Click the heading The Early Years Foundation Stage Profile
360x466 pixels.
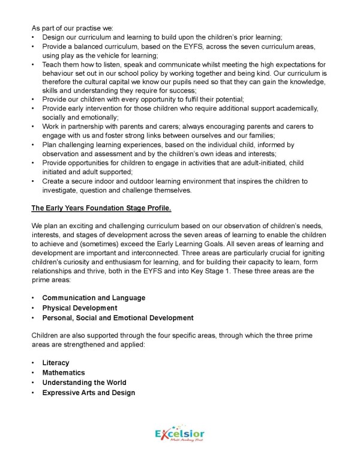[x=101, y=208]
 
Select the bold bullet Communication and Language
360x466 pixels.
[x=94, y=298]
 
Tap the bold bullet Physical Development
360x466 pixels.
[x=79, y=308]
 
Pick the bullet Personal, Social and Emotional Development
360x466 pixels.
[x=118, y=318]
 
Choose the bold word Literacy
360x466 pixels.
[x=56, y=363]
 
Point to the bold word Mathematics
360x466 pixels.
[x=64, y=372]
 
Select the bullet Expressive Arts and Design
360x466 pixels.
[x=88, y=393]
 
